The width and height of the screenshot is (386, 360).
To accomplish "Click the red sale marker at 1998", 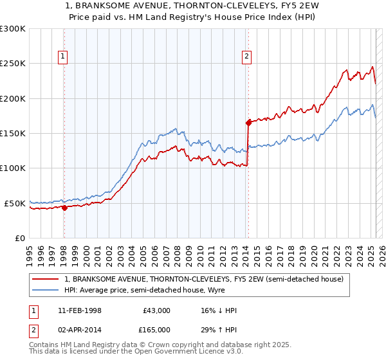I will pyautogui.click(x=64, y=208).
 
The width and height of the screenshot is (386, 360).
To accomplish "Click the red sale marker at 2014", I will pyautogui.click(x=248, y=122).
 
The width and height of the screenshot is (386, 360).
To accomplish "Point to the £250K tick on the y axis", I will pyautogui.click(x=13, y=64).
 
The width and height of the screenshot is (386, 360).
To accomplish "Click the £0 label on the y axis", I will pyautogui.click(x=19, y=238).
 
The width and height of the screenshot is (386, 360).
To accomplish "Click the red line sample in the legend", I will pyautogui.click(x=46, y=279).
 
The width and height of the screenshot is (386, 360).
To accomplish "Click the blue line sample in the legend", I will pyautogui.click(x=46, y=290).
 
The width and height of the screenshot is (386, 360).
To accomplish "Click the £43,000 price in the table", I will pyautogui.click(x=156, y=310).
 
